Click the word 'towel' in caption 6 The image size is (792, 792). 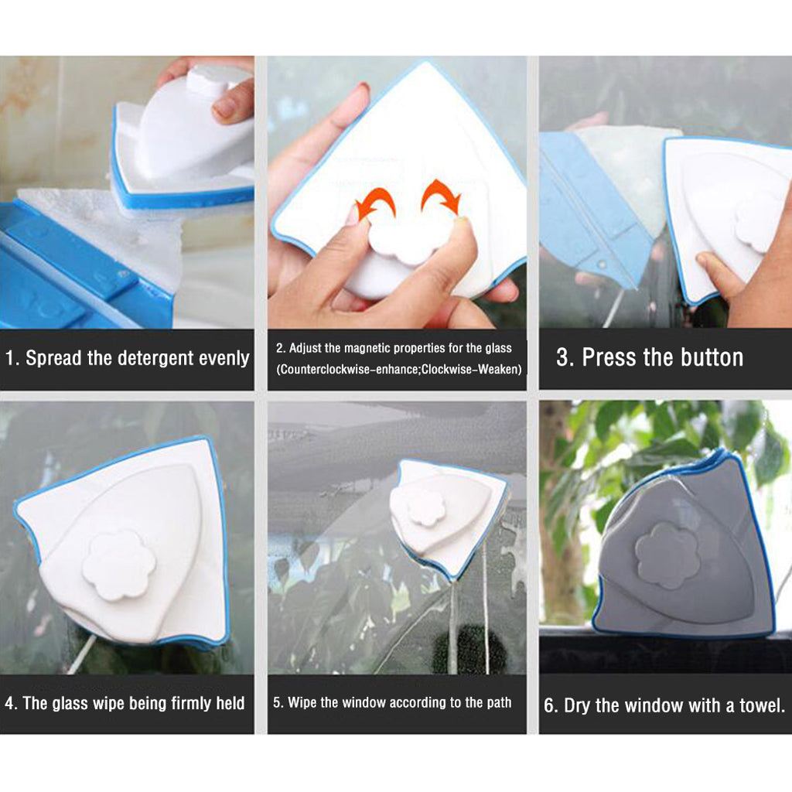(x=760, y=705)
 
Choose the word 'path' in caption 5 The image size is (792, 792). (x=497, y=703)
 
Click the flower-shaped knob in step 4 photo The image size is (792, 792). (x=119, y=565)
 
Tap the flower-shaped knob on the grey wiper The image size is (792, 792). (x=667, y=555)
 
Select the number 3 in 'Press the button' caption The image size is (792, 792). (x=562, y=357)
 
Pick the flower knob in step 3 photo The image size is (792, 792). (x=758, y=222)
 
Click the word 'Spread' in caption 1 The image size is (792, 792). (x=53, y=358)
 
